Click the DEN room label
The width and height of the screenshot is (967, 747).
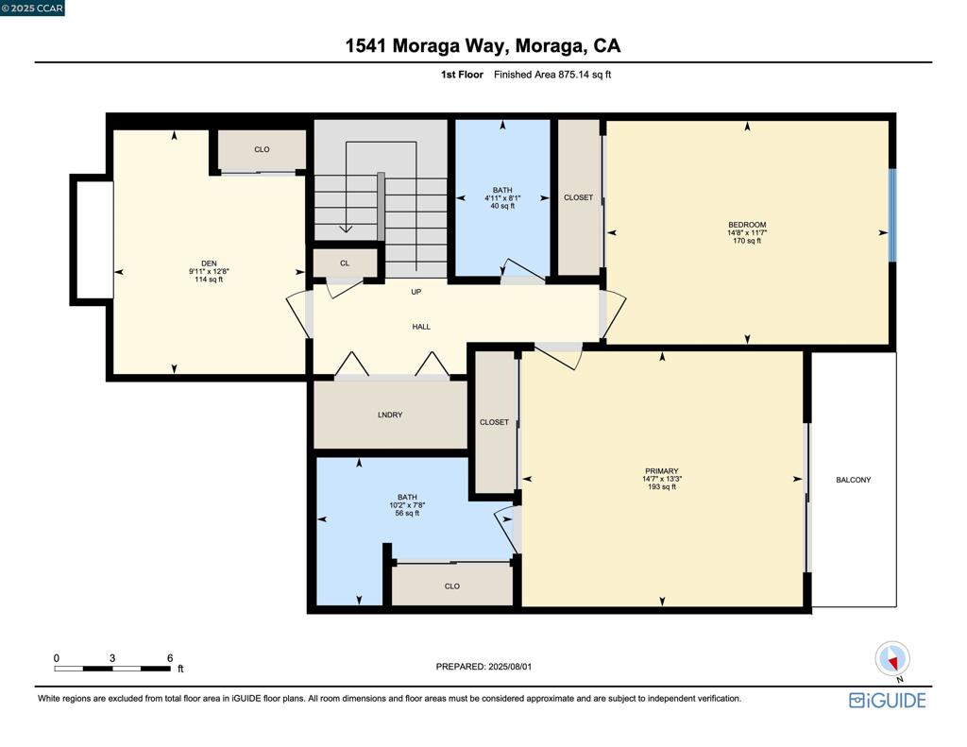click(x=209, y=263)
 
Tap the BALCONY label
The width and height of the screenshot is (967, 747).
click(x=854, y=480)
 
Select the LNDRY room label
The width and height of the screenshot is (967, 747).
click(x=390, y=416)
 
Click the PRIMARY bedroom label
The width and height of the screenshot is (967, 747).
click(x=662, y=471)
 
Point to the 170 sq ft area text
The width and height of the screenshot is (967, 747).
click(x=747, y=241)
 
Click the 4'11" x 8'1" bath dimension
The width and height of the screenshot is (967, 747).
click(x=502, y=198)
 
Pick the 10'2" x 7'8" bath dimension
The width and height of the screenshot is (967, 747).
click(x=407, y=505)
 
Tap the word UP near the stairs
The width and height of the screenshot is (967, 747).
click(x=416, y=292)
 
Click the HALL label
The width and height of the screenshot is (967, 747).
click(x=421, y=327)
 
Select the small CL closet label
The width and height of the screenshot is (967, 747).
click(x=345, y=263)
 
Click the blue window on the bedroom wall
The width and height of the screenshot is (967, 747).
click(x=891, y=214)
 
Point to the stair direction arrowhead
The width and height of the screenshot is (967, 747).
click(x=346, y=229)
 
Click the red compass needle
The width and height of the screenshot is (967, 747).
click(x=892, y=663)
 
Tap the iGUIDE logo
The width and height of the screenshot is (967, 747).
click(x=888, y=701)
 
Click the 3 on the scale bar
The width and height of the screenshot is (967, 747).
click(x=112, y=658)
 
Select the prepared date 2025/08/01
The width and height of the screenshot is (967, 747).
click(x=510, y=667)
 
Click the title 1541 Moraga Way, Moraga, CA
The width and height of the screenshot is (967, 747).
click(x=483, y=45)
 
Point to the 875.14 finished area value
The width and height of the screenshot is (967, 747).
click(x=573, y=75)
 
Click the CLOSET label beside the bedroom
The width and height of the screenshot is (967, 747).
click(x=579, y=198)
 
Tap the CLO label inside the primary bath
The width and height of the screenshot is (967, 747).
click(x=452, y=586)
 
